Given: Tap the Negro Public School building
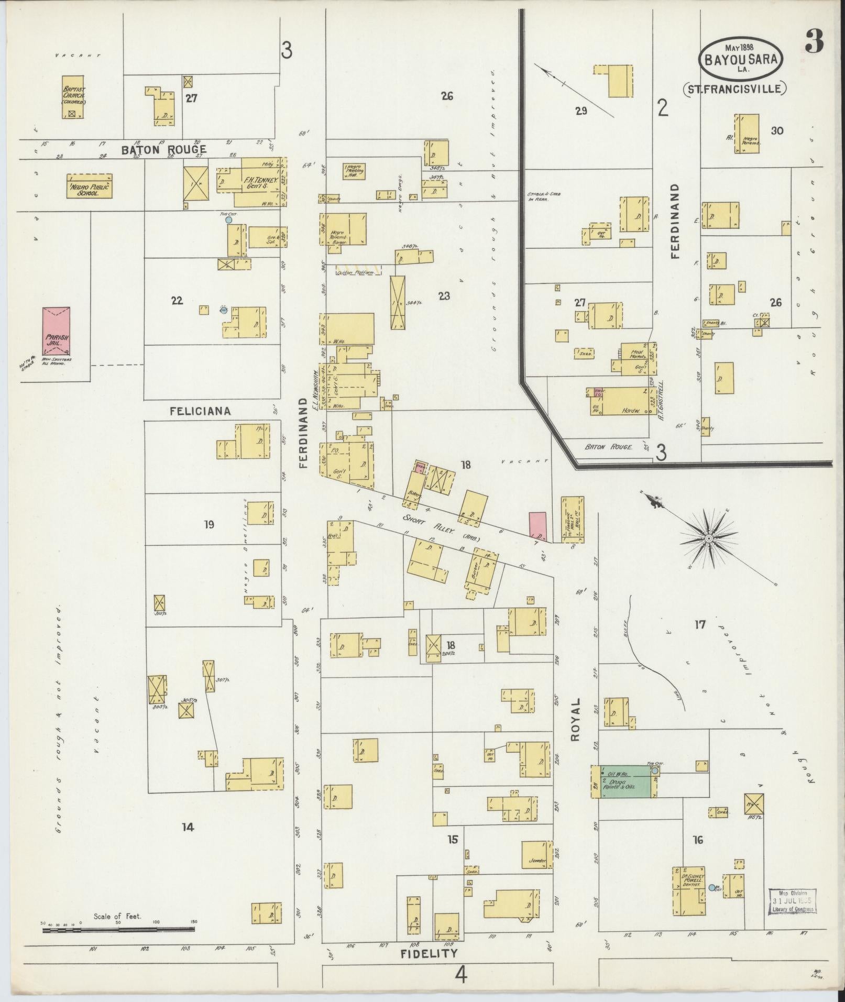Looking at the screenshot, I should pyautogui.click(x=90, y=186).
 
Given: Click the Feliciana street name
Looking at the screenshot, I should pyautogui.click(x=200, y=411).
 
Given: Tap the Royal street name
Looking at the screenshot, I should pyautogui.click(x=576, y=719).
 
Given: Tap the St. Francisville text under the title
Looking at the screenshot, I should pyautogui.click(x=734, y=89).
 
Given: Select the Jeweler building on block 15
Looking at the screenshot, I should pyautogui.click(x=537, y=855).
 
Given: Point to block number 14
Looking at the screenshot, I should pyautogui.click(x=188, y=827).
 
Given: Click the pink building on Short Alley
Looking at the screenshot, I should pyautogui.click(x=537, y=526).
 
